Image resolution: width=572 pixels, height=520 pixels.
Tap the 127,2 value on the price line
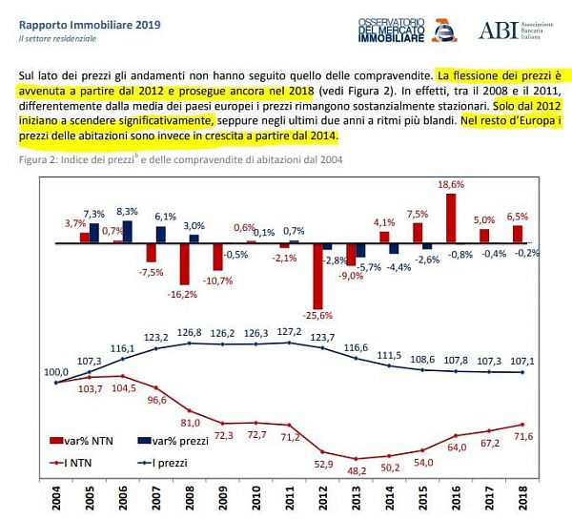(x=290, y=332)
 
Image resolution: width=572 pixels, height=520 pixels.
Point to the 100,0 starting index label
(x=56, y=372)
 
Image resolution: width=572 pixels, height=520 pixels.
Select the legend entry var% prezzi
(x=176, y=441)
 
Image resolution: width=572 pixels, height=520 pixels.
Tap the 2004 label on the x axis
(x=58, y=500)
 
